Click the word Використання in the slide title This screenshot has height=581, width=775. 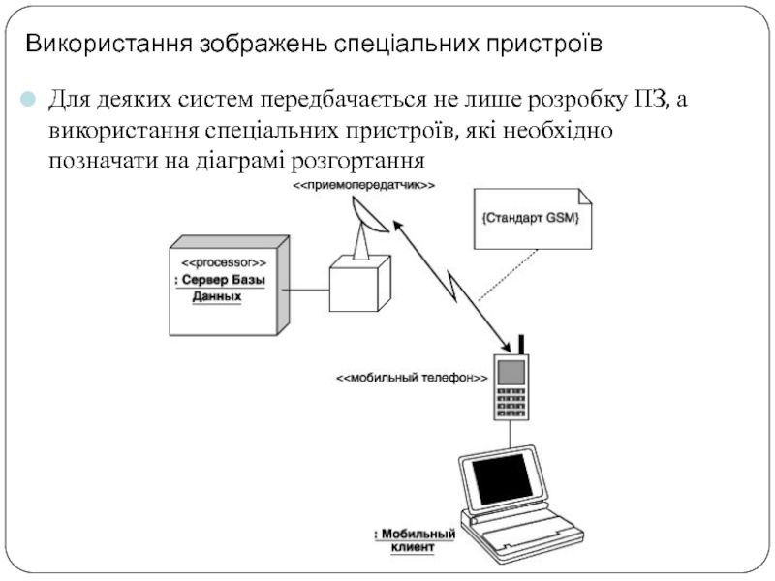[108, 44]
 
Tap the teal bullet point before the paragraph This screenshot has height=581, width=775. [28, 99]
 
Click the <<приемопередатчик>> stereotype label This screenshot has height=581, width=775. [364, 185]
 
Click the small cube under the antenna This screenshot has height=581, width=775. [360, 284]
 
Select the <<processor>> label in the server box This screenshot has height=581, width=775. [224, 262]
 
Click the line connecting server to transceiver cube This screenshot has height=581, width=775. [305, 290]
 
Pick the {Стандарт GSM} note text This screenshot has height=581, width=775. [530, 218]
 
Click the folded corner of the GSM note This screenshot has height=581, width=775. [585, 196]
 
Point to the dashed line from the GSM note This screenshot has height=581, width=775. [508, 275]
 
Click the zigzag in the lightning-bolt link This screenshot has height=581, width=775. [451, 286]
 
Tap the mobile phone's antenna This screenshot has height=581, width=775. [521, 345]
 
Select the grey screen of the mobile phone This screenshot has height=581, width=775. [511, 373]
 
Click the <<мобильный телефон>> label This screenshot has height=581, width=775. [412, 378]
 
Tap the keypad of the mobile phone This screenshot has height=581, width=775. [511, 402]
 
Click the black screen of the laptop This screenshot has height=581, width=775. [503, 479]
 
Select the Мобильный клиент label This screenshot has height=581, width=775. [416, 540]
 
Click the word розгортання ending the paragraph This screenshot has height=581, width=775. [357, 161]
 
